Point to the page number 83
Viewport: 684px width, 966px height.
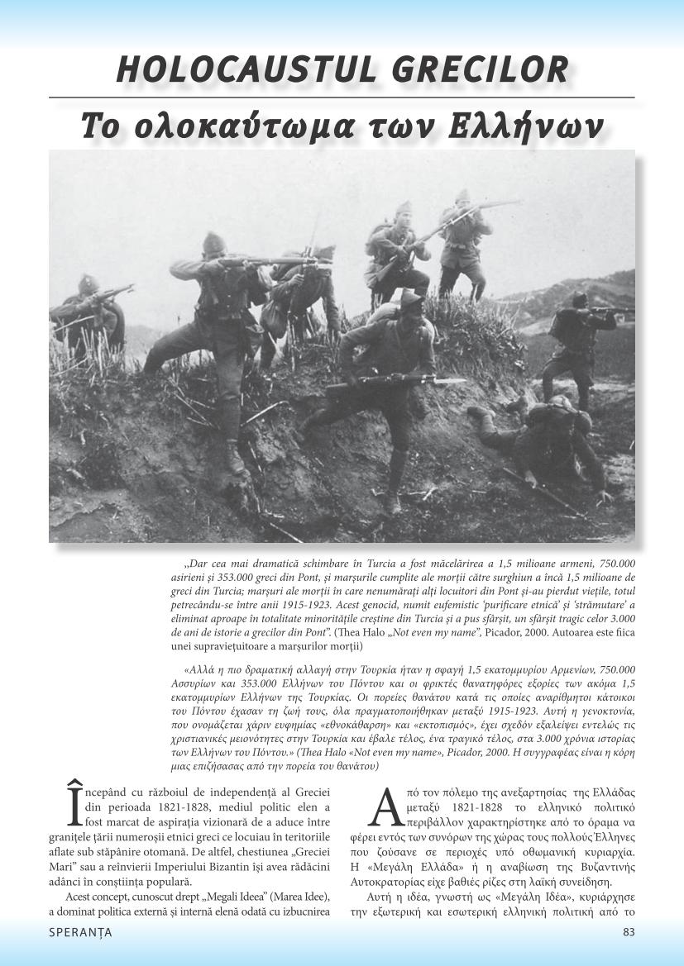[629, 932]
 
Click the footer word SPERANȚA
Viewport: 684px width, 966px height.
[80, 932]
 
